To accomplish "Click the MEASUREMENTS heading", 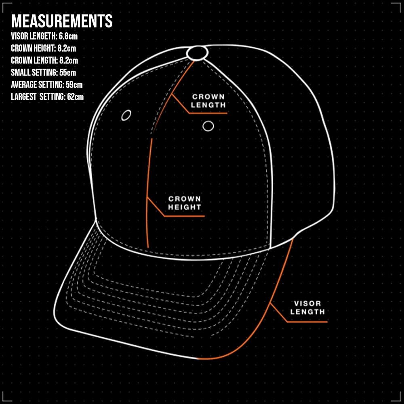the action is [61, 21].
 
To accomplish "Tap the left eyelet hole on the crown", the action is [126, 115].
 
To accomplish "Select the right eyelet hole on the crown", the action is [208, 126].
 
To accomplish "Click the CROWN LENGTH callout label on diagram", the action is [208, 101].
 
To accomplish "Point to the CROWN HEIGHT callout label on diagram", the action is [185, 203].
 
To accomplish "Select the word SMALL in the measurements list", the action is [20, 73].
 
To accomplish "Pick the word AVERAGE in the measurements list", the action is [23, 85].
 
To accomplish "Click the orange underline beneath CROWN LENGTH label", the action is [208, 113].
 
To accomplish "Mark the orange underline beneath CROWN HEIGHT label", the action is [185, 216].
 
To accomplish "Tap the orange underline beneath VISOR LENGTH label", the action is [307, 322].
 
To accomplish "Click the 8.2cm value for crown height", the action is [67, 49].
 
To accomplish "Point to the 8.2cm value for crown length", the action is [69, 61].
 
